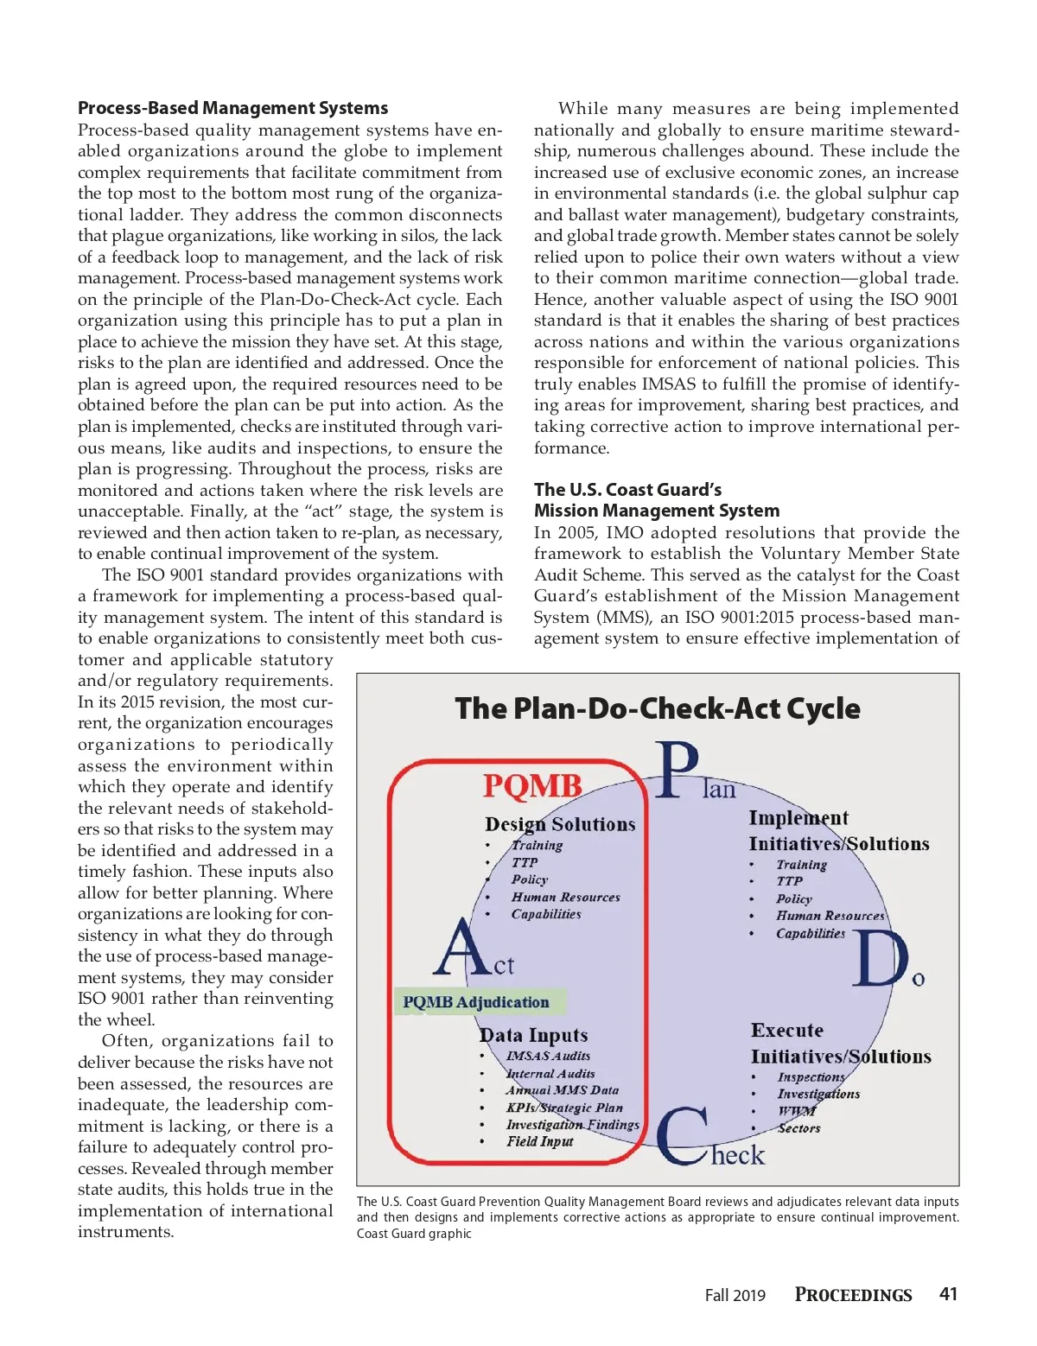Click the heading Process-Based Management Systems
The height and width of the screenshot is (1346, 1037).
(x=232, y=108)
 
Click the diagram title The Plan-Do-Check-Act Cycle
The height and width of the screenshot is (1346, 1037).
(x=657, y=708)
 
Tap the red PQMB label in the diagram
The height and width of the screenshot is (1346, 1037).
(x=531, y=785)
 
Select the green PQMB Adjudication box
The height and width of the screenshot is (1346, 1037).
(x=476, y=1002)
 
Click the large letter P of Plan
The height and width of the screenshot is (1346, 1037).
(x=677, y=771)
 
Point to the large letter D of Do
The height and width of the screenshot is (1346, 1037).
(x=880, y=958)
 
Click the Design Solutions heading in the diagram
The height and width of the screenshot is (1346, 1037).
(x=560, y=824)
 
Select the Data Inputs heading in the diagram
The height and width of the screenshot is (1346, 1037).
(x=533, y=1035)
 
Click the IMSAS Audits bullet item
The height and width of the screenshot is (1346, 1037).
(x=548, y=1056)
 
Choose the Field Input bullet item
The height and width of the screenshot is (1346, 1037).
(x=539, y=1141)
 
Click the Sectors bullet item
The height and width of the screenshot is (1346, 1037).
(x=798, y=1128)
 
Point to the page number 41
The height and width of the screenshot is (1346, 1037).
(x=948, y=1294)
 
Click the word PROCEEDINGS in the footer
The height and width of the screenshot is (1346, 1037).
(x=853, y=1295)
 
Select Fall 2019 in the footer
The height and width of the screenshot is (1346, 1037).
(x=735, y=1295)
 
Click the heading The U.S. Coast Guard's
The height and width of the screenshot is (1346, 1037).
(x=627, y=490)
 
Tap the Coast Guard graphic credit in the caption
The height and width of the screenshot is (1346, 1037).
(x=414, y=1234)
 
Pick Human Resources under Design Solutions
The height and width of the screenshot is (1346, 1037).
(x=565, y=898)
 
